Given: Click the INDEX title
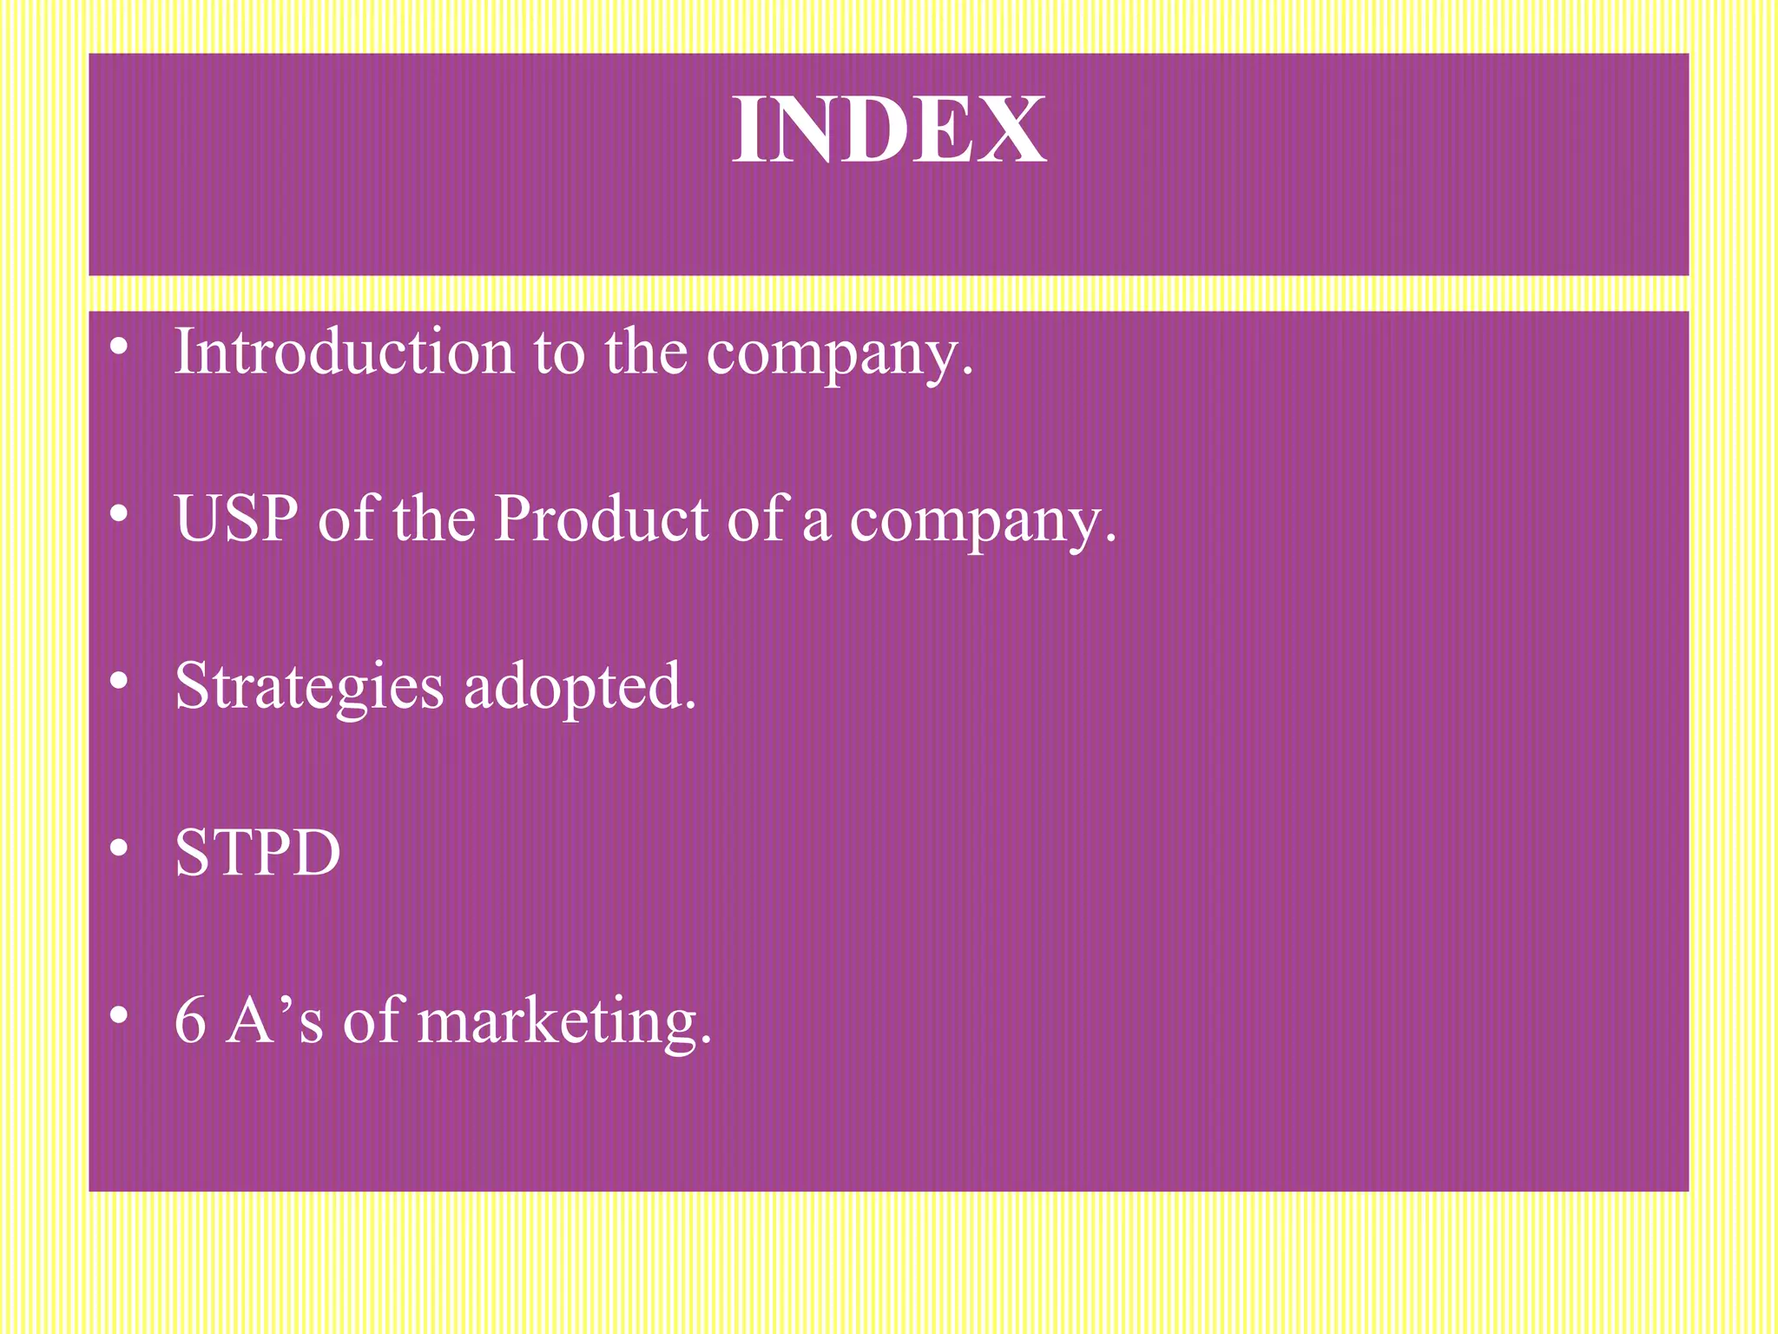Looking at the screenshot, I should point(889,130).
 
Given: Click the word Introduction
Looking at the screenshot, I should point(344,352).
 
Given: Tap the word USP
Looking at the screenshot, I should point(236,518).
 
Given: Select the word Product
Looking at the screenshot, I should point(601,518).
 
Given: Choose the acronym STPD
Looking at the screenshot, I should point(258,853).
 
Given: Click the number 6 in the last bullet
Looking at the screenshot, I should point(190,1020).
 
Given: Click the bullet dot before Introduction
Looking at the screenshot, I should point(120,348).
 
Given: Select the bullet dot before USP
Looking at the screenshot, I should point(120,515).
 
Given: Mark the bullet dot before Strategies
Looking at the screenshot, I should point(120,682).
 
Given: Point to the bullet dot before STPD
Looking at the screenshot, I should point(120,849).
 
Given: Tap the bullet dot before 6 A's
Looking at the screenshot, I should point(120,1014).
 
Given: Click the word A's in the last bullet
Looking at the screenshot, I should point(274,1020).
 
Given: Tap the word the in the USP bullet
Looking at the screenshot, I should point(434,518).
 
